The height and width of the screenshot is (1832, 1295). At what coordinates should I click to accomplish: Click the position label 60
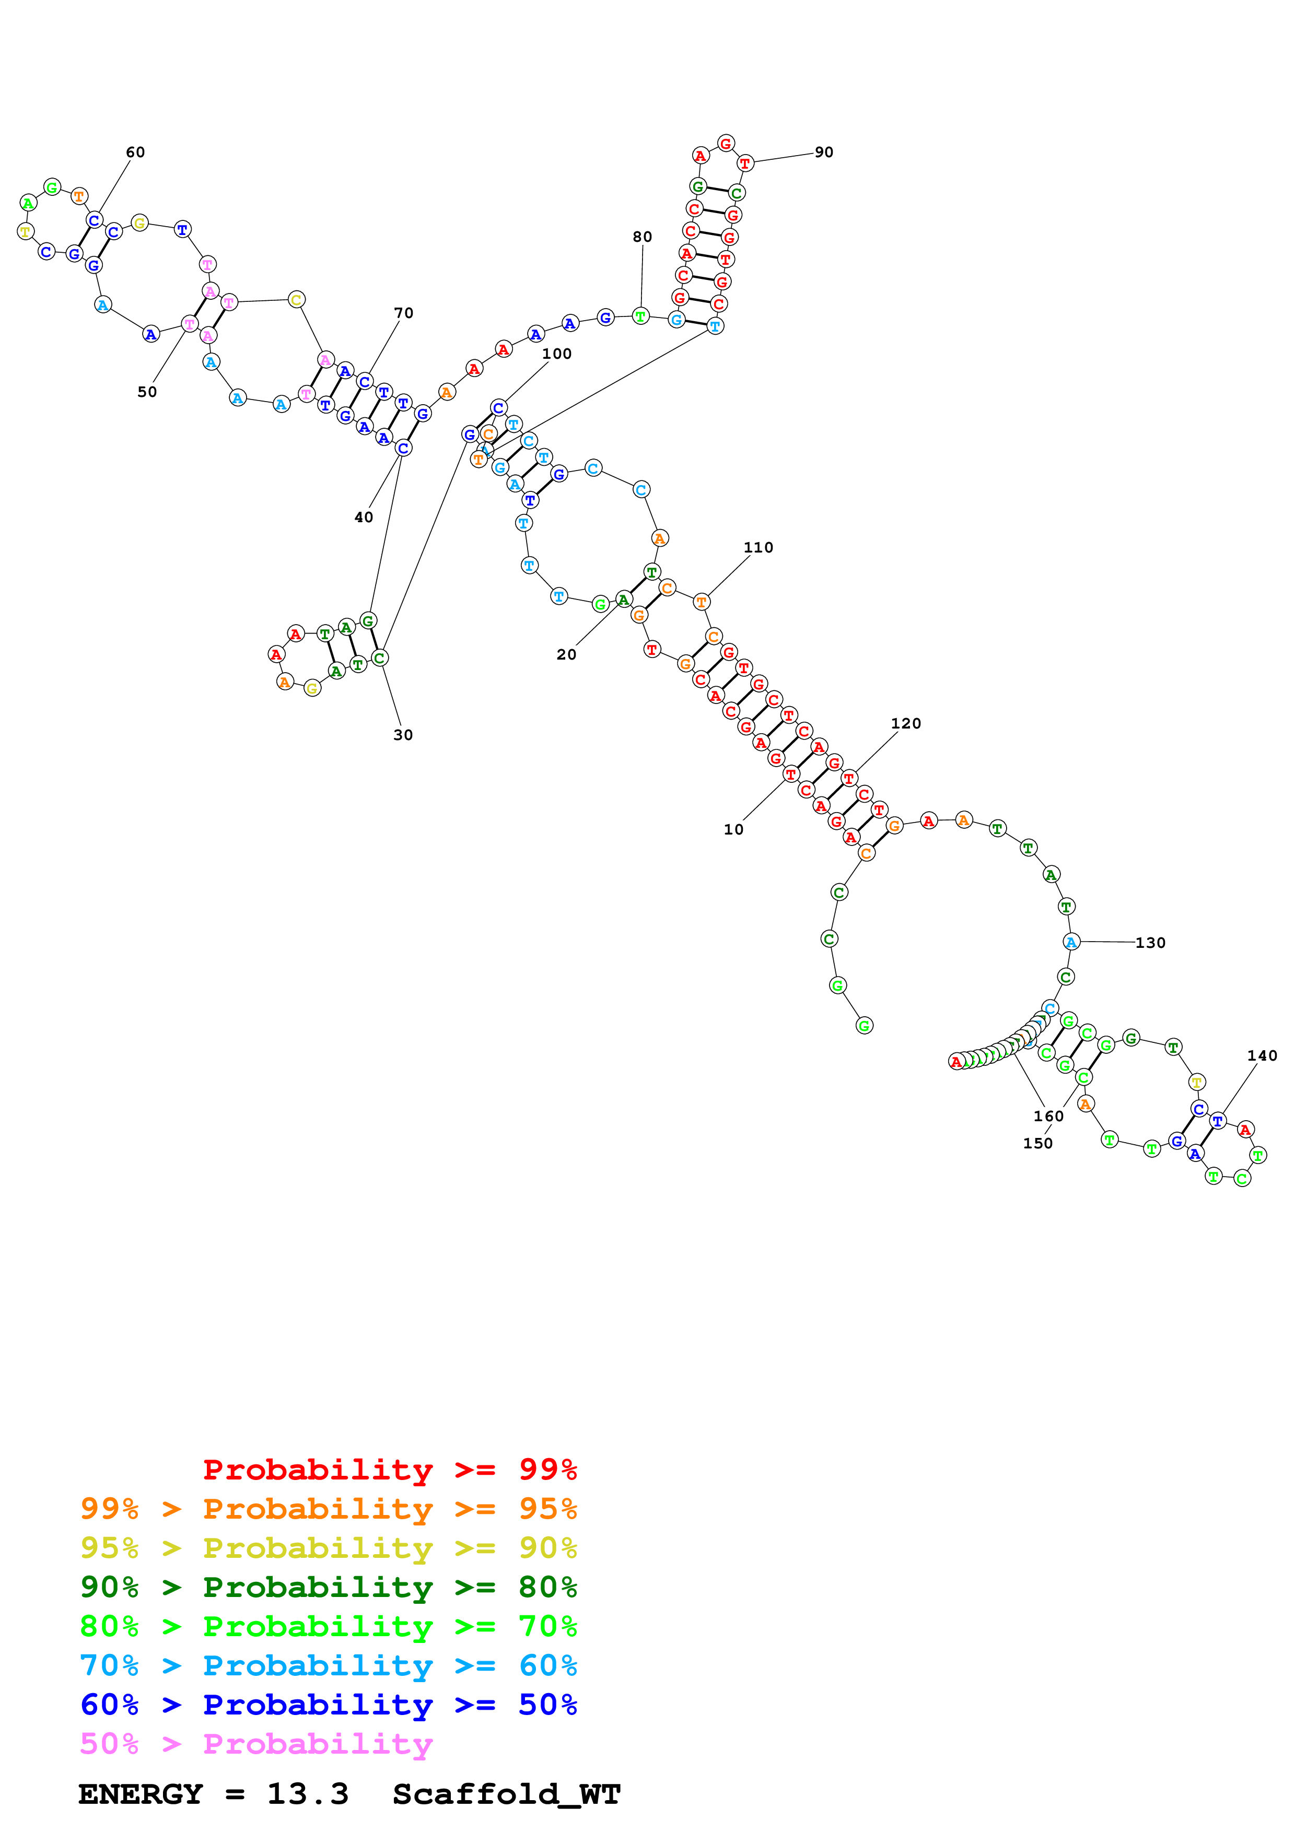135,152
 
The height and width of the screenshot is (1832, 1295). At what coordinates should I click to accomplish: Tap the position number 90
823,152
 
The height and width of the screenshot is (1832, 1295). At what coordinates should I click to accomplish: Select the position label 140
1262,1055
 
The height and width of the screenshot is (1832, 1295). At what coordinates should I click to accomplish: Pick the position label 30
403,735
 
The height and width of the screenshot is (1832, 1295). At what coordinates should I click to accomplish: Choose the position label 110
758,547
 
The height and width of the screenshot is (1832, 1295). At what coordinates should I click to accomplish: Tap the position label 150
1037,1143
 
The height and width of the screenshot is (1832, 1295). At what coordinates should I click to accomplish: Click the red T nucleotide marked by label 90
744,163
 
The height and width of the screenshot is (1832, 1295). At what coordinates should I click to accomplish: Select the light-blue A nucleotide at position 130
1071,942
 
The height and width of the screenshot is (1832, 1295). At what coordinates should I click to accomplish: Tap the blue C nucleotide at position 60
94,220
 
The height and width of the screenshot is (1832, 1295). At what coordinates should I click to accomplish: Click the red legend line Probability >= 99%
389,1470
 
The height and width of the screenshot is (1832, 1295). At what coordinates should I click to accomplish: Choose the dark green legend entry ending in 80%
328,1587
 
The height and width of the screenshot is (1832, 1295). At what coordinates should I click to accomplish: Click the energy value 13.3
307,1794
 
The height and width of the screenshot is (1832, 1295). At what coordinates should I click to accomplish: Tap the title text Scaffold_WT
506,1794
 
